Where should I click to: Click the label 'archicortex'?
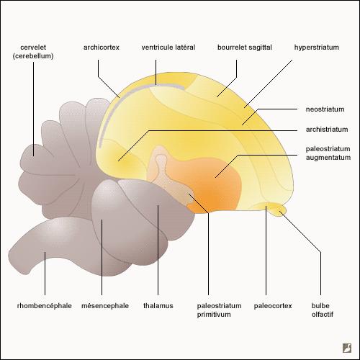tap(102, 48)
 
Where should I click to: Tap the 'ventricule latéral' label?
tap(168, 48)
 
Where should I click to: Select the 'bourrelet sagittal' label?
tap(245, 48)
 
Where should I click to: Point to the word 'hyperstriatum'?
tap(317, 48)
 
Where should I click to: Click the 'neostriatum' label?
tap(325, 109)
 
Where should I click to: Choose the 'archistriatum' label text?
tap(327, 130)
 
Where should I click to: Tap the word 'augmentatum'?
tap(328, 158)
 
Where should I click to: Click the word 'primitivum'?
tap(214, 315)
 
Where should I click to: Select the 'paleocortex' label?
tap(273, 306)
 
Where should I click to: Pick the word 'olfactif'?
tap(323, 314)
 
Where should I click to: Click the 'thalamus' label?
tap(158, 306)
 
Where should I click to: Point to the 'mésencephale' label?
tap(105, 306)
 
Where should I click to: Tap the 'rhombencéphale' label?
tap(45, 306)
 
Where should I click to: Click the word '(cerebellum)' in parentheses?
tap(33, 56)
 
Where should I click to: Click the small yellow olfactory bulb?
tap(279, 210)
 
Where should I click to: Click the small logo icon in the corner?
tap(347, 348)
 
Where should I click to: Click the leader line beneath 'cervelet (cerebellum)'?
tap(33, 109)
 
